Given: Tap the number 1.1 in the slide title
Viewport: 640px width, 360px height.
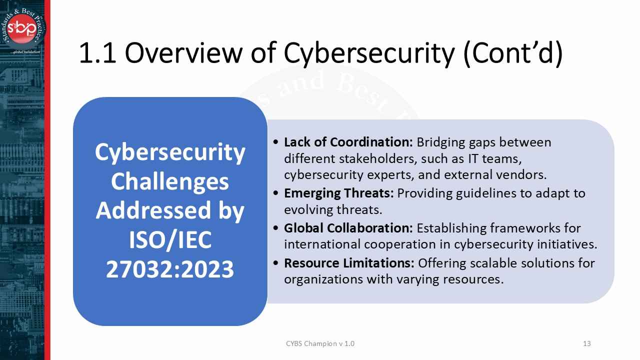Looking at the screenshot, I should point(98,53).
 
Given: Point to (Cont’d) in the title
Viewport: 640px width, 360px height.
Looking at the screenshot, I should point(513,53).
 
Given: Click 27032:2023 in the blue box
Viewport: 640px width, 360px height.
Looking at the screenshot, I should point(170,269).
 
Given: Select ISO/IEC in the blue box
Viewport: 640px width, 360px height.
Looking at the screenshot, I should point(170,240).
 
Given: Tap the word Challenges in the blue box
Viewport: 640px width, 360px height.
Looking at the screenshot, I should point(170,181).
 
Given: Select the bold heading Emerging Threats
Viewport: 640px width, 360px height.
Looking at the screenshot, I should point(339,193).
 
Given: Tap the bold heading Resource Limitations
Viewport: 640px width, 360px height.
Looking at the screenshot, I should point(349,263).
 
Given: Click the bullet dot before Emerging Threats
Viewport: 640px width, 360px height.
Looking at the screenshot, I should point(276,193).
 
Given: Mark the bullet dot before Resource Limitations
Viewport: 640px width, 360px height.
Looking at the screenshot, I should point(276,263).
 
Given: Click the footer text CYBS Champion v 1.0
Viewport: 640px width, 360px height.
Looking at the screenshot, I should point(320,343).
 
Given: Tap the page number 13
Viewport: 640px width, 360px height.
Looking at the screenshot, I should point(587,343).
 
